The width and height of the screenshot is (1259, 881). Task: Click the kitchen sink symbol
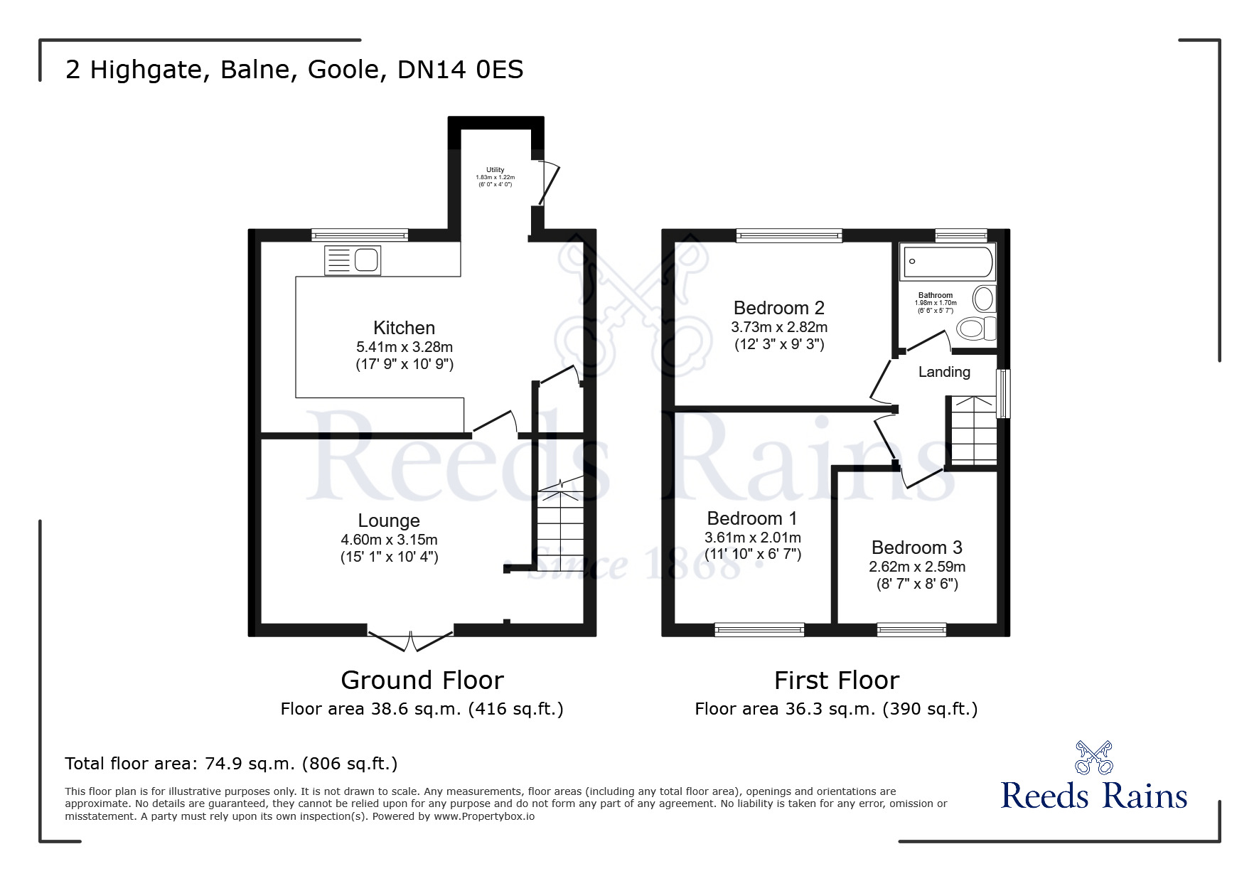pyautogui.click(x=353, y=260)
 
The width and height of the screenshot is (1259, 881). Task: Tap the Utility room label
pyautogui.click(x=495, y=170)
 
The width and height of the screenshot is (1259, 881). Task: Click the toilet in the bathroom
pyautogui.click(x=975, y=329)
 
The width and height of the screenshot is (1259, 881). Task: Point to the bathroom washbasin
pyautogui.click(x=983, y=299)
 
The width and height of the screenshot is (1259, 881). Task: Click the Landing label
pyautogui.click(x=943, y=372)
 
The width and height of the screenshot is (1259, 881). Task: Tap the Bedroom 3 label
pyautogui.click(x=916, y=548)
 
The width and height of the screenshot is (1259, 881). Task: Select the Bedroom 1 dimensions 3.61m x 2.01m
pyautogui.click(x=752, y=538)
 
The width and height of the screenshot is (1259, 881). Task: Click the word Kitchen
pyautogui.click(x=404, y=328)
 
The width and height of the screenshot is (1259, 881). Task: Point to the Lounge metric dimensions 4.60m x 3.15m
pyautogui.click(x=389, y=540)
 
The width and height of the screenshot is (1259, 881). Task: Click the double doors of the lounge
pyautogui.click(x=410, y=639)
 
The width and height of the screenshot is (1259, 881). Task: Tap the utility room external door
pyautogui.click(x=550, y=183)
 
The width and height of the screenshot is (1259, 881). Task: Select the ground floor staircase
pyautogui.click(x=561, y=526)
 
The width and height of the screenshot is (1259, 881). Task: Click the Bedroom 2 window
pyautogui.click(x=788, y=235)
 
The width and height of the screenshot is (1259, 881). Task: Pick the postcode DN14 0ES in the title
pyautogui.click(x=460, y=70)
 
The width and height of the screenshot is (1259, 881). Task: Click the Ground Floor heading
pyautogui.click(x=422, y=680)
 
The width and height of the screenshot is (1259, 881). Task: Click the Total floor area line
pyautogui.click(x=231, y=764)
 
